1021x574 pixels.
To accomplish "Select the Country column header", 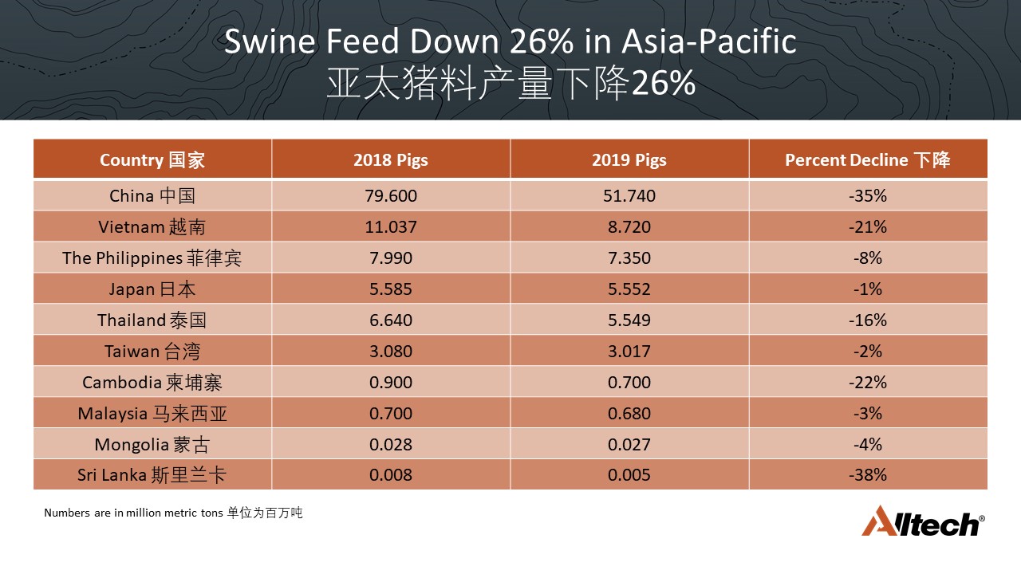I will point(152,159).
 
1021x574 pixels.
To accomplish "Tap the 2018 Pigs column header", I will point(391,159).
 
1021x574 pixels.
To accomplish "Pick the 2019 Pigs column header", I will point(629,159).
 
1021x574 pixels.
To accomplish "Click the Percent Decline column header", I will point(867,159).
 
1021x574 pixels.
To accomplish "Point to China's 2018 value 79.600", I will point(391,195).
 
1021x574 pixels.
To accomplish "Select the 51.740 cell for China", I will point(629,195).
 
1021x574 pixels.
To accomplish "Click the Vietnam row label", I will point(152,226).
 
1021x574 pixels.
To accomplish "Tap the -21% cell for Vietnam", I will point(867,226).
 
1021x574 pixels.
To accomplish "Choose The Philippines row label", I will point(152,258).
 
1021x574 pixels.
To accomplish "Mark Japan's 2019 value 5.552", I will point(629,289).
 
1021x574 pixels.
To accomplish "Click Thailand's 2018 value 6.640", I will point(391,320).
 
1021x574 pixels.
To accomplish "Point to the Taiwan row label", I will point(152,351).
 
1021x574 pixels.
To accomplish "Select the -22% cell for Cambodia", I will point(867,382).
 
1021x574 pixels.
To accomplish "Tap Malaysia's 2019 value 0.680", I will point(629,413).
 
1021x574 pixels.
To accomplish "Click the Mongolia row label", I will point(152,444).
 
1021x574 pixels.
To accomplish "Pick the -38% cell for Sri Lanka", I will point(867,475).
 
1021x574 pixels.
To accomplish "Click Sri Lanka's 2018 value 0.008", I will point(391,475).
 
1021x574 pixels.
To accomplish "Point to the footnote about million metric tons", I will point(173,513).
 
